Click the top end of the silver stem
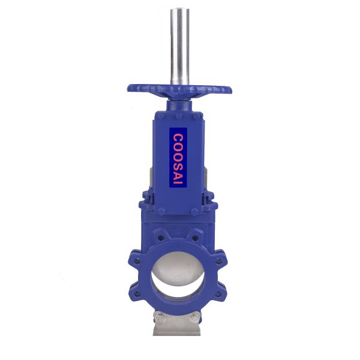[x=179, y=11]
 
